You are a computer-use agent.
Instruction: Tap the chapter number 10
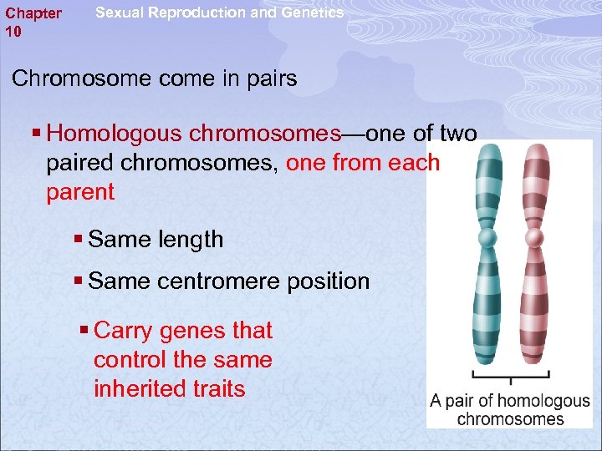(13, 32)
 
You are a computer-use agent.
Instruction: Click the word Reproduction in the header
(190, 13)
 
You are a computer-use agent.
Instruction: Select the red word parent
(80, 192)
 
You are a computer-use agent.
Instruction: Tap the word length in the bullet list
(191, 240)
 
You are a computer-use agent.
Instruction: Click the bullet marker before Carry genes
(84, 331)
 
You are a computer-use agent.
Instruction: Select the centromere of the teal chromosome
(487, 238)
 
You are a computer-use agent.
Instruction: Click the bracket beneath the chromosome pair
(511, 374)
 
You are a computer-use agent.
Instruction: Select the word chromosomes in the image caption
(510, 419)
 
